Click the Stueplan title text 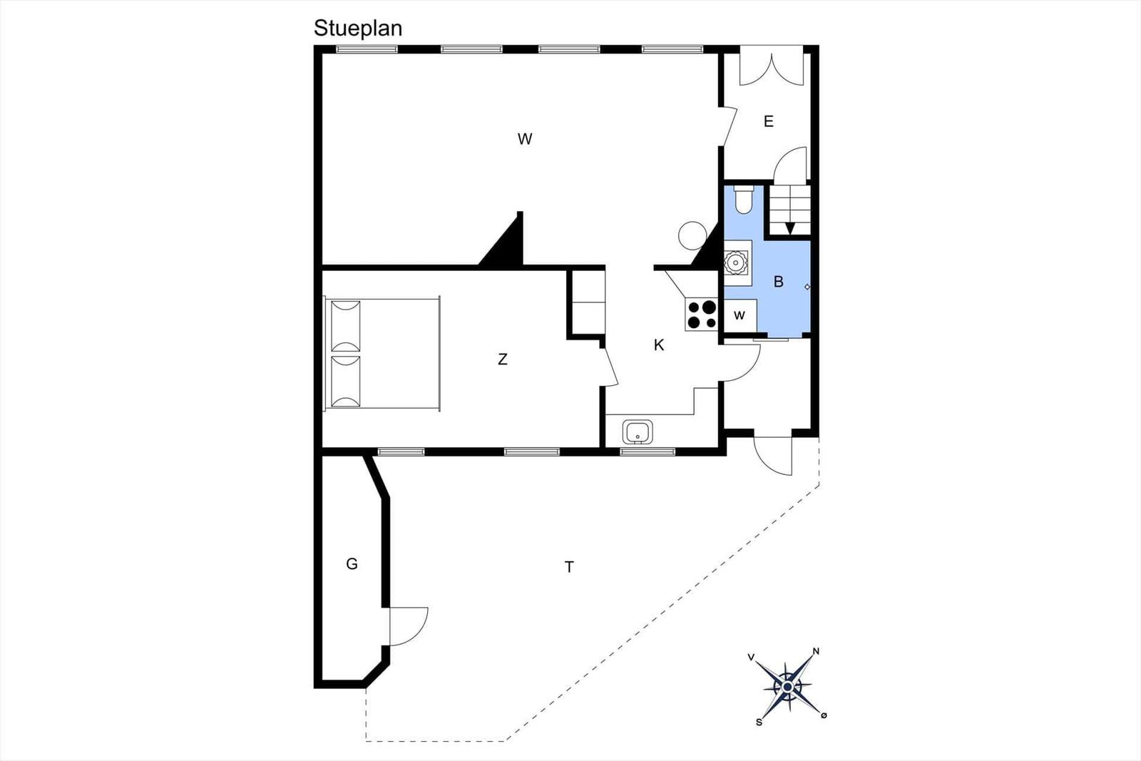click(357, 29)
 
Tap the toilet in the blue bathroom click(744, 199)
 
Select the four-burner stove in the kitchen click(702, 315)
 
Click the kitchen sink click(638, 431)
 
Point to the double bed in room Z click(382, 354)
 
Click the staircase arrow click(790, 228)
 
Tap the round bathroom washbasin click(735, 262)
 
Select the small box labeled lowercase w click(740, 315)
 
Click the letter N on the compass click(816, 651)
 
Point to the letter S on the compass click(759, 722)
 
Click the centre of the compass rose click(787, 687)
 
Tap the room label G click(352, 564)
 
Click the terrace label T click(570, 566)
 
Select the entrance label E click(769, 121)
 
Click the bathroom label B click(778, 282)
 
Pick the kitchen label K click(659, 345)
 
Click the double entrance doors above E click(772, 66)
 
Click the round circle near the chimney click(692, 235)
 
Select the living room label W click(525, 138)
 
